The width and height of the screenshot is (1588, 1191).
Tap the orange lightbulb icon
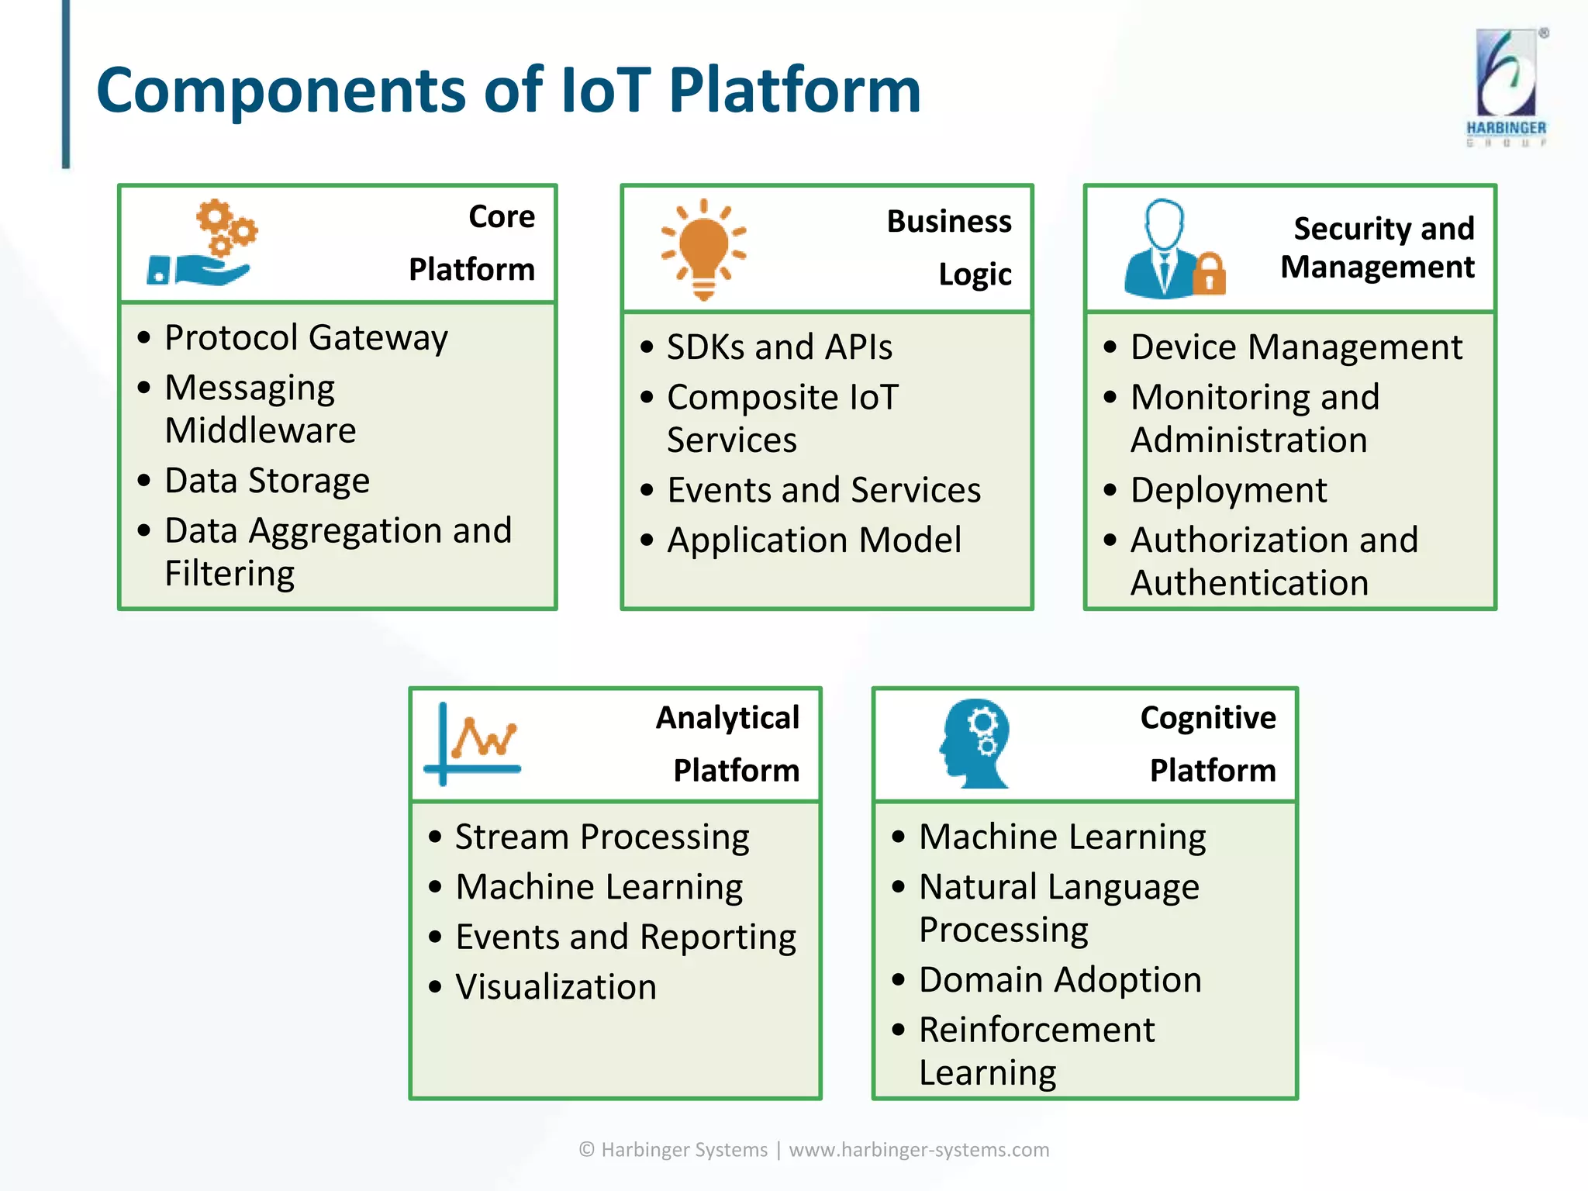(703, 249)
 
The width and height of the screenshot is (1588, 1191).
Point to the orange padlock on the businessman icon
(1209, 274)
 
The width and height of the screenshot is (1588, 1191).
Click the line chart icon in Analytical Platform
(473, 743)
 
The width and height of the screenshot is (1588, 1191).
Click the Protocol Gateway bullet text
(306, 338)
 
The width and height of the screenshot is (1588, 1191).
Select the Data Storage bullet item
(267, 481)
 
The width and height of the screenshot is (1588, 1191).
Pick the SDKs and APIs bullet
(779, 347)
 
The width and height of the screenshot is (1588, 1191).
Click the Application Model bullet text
(813, 540)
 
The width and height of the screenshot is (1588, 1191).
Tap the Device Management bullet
(1296, 347)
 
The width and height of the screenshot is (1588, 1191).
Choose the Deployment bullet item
(1228, 490)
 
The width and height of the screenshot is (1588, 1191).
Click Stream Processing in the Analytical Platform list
(602, 837)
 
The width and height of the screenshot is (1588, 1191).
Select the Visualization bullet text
(555, 987)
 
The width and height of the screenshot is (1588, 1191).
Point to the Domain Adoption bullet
(1059, 980)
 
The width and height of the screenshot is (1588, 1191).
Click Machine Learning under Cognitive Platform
(1062, 837)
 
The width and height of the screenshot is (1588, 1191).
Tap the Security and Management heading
(1377, 247)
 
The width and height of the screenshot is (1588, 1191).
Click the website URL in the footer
(919, 1149)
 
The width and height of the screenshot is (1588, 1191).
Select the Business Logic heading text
(949, 247)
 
